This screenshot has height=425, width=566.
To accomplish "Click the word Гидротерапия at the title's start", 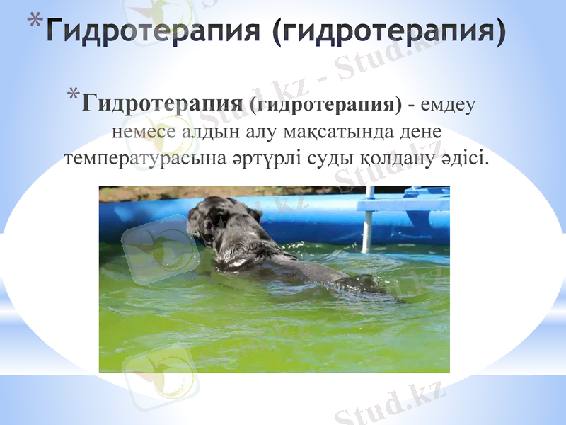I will pos(156,31).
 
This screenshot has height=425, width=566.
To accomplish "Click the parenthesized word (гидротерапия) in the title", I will pos(389,31).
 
